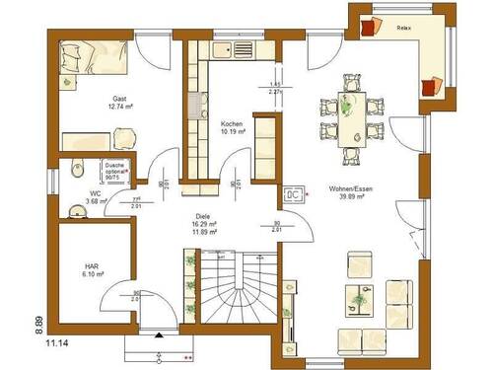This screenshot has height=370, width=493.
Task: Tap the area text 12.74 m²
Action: click(120, 110)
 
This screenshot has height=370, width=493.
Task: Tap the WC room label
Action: click(95, 193)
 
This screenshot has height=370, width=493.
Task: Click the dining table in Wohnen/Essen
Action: click(350, 115)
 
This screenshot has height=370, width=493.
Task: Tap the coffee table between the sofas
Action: click(360, 296)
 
